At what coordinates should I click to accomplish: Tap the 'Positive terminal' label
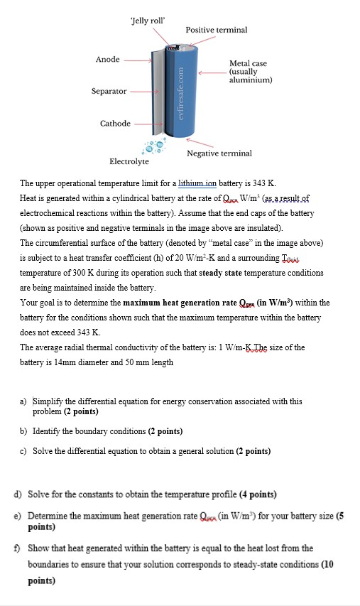216,30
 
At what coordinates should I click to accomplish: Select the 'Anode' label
107,59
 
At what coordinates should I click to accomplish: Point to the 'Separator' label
109,92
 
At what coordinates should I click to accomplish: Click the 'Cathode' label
114,124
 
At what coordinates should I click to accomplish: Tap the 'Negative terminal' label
219,153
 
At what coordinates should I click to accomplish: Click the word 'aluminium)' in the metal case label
251,80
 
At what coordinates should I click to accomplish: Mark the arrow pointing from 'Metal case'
211,72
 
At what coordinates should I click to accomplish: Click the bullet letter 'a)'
24,401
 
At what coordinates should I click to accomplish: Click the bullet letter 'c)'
24,451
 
